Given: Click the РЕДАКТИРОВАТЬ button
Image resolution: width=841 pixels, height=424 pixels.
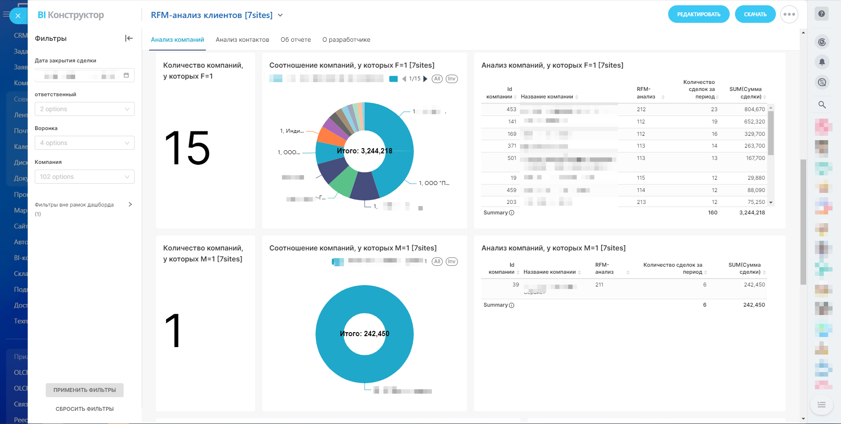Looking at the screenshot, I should click(x=698, y=14).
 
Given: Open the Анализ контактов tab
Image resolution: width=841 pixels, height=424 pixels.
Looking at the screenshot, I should click(x=242, y=40).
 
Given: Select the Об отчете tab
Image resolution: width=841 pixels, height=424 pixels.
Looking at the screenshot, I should click(x=296, y=40).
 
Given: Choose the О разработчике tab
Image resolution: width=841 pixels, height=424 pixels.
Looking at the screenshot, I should click(x=346, y=40).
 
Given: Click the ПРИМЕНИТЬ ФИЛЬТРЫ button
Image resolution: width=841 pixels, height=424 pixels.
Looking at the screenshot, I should click(x=84, y=390).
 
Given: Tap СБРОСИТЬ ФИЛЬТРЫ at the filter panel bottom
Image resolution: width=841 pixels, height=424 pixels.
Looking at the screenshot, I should click(x=84, y=409).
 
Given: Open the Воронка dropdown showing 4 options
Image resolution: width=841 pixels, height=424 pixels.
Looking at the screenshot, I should click(x=84, y=143).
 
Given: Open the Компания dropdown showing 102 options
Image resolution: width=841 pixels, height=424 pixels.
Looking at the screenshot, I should click(x=84, y=177).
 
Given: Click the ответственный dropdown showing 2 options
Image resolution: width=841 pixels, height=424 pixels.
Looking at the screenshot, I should click(x=84, y=109).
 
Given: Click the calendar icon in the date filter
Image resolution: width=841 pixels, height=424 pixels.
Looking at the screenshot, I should click(x=126, y=75).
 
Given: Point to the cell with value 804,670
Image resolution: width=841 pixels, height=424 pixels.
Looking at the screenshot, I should click(x=754, y=109).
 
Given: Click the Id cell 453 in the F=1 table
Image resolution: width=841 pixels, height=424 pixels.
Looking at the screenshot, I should click(x=511, y=109).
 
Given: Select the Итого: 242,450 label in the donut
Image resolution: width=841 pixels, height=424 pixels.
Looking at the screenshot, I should click(x=364, y=333).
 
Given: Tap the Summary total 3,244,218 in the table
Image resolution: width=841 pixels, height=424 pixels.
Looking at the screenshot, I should click(x=752, y=213).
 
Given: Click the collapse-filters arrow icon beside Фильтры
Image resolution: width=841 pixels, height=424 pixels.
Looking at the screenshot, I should click(x=129, y=38).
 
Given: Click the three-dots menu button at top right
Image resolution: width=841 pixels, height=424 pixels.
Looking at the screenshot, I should click(x=789, y=14).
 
